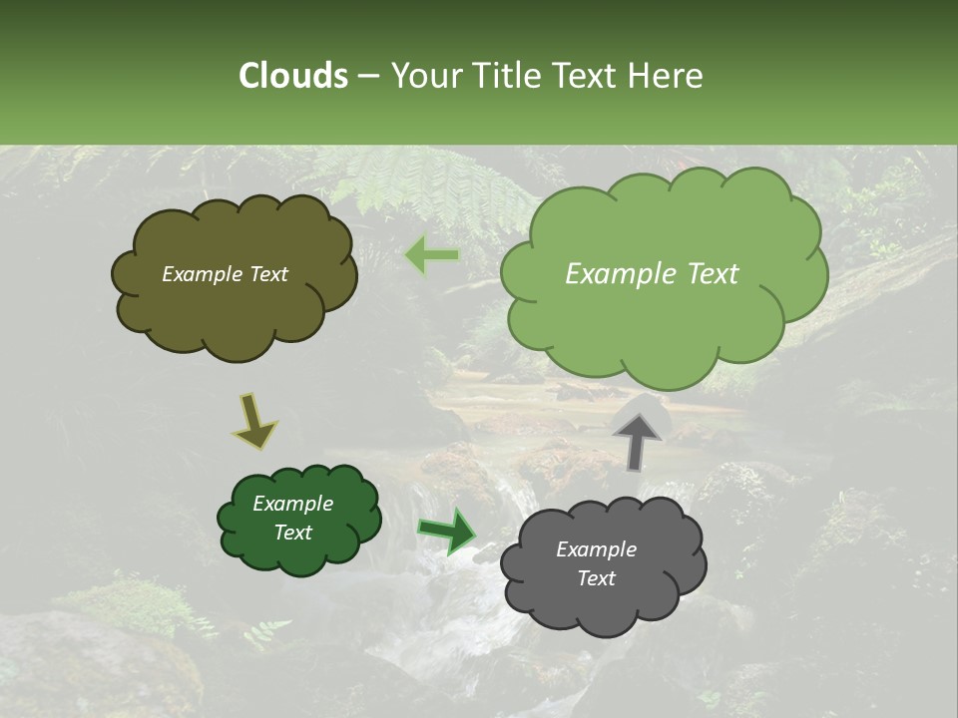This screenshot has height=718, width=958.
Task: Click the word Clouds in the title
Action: pyautogui.click(x=293, y=76)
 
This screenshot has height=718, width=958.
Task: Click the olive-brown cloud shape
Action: pyautogui.click(x=234, y=299)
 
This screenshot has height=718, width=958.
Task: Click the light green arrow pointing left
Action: pyautogui.click(x=432, y=255)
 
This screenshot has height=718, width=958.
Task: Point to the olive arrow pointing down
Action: pyautogui.click(x=254, y=421)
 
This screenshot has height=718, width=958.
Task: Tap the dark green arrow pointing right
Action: pyautogui.click(x=446, y=531)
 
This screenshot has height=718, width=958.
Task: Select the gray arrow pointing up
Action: pyautogui.click(x=637, y=440)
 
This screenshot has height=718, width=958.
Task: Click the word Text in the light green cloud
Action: pyautogui.click(x=713, y=274)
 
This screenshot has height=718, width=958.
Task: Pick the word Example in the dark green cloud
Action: pyautogui.click(x=292, y=504)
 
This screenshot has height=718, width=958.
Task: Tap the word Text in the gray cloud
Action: pyautogui.click(x=596, y=578)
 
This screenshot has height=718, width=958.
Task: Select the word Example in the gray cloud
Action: pyautogui.click(x=596, y=549)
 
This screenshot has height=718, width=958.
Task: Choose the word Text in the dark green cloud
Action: pyautogui.click(x=292, y=533)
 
